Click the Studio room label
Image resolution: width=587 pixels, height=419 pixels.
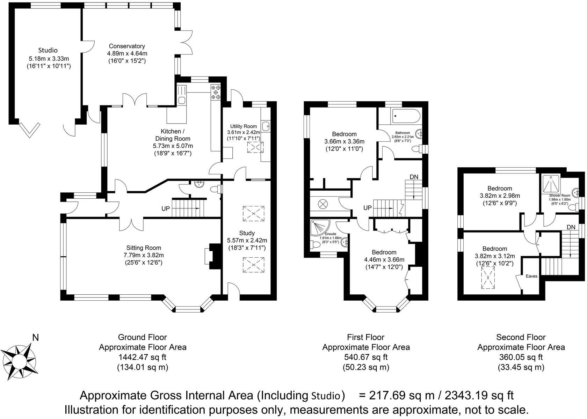click(48, 50)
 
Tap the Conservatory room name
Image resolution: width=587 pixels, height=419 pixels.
click(127, 46)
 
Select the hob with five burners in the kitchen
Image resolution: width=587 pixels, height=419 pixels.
click(216, 93)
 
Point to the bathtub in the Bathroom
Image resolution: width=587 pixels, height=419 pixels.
click(406, 116)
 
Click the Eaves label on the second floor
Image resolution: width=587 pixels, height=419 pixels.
click(531, 276)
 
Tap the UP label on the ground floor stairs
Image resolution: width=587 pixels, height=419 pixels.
click(166, 209)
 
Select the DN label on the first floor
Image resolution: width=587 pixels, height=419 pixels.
click(414, 177)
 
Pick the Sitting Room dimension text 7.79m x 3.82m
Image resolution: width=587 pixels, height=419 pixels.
click(144, 255)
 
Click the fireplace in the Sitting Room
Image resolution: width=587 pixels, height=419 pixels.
click(213, 256)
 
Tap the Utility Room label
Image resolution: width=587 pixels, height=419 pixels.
click(244, 126)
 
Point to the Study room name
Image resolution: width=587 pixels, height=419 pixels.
click(247, 233)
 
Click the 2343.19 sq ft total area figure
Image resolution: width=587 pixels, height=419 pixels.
click(479, 395)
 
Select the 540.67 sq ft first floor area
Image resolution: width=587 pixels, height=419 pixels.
click(366, 357)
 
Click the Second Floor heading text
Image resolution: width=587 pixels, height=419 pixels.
click(521, 337)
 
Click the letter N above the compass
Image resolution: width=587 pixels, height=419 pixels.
click(35, 338)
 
